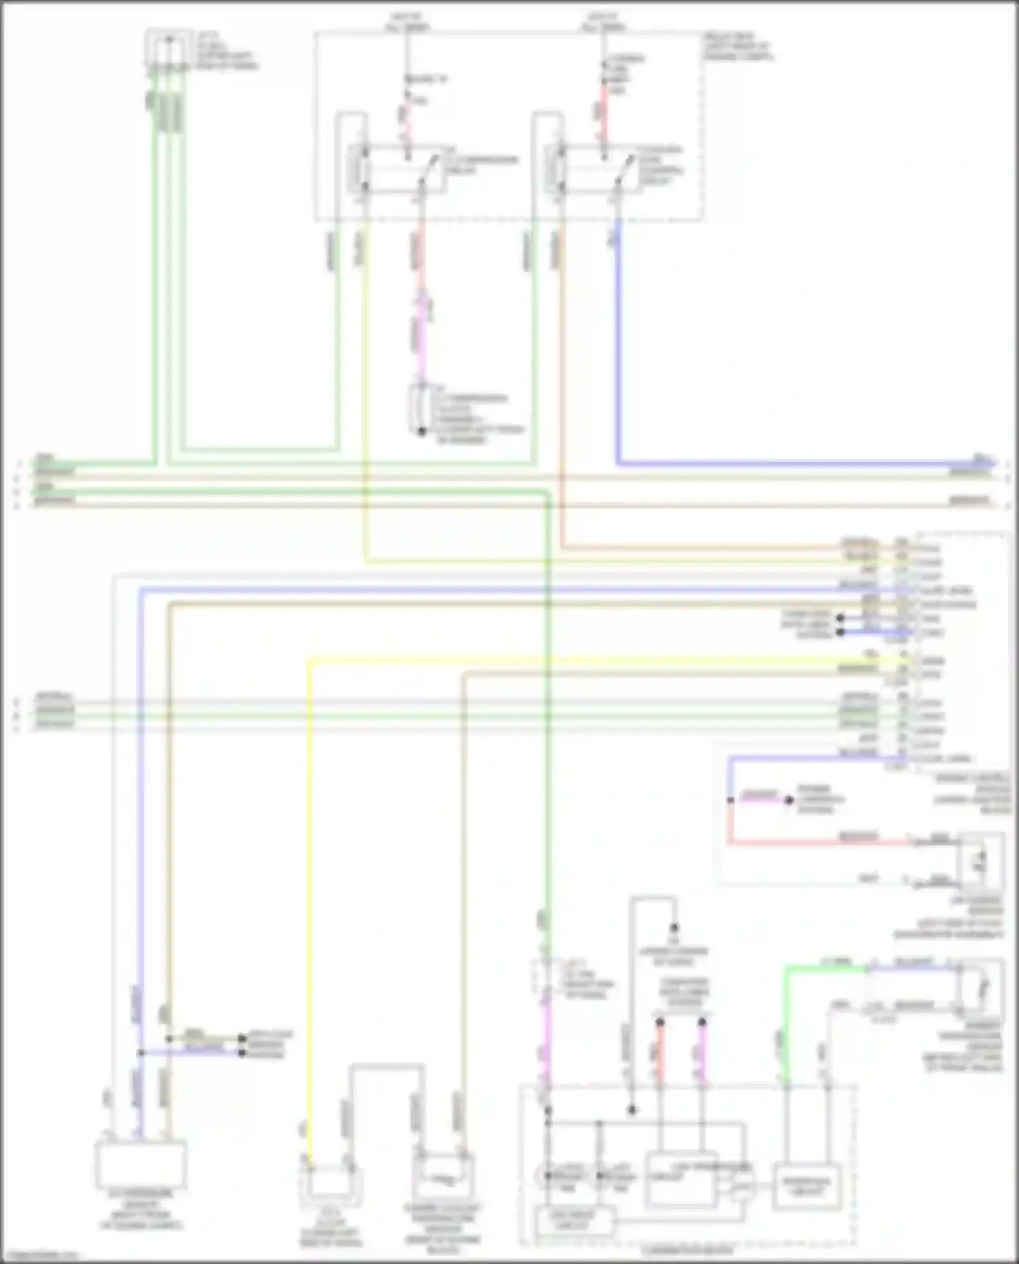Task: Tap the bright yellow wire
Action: click(x=309, y=883)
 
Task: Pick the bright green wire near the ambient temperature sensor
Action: click(x=787, y=1019)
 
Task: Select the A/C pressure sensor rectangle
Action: click(x=140, y=1164)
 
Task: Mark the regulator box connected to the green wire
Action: click(x=806, y=1186)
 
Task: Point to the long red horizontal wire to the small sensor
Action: click(x=815, y=843)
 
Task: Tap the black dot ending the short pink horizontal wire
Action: click(x=789, y=800)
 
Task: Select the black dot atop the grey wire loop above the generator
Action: click(x=675, y=927)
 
